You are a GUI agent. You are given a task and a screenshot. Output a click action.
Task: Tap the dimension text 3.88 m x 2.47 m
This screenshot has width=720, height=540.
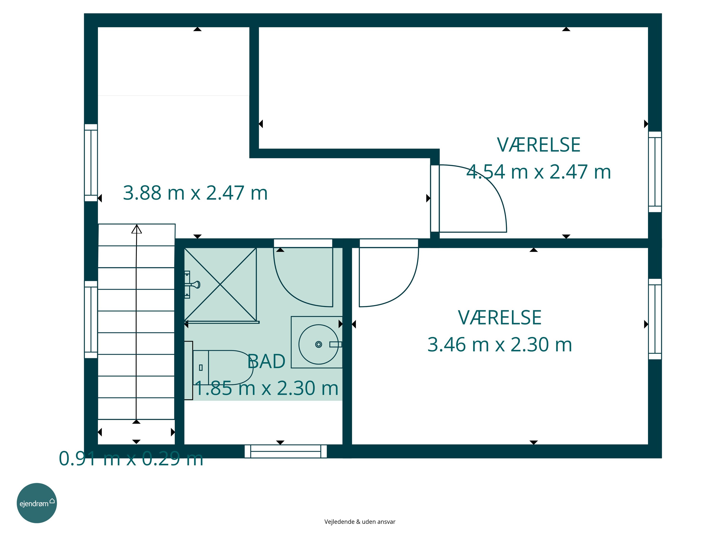click(x=195, y=193)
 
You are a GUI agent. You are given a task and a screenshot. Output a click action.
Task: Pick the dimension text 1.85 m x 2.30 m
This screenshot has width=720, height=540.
click(x=266, y=388)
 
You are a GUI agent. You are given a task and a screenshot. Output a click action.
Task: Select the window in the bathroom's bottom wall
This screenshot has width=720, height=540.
click(x=285, y=451)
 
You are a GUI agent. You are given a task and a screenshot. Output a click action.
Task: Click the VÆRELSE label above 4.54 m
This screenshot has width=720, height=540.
click(x=539, y=145)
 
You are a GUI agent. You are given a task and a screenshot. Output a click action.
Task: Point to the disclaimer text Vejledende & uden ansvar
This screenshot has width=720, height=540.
click(x=360, y=522)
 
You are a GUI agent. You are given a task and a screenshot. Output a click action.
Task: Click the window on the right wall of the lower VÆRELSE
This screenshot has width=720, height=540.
click(x=655, y=319)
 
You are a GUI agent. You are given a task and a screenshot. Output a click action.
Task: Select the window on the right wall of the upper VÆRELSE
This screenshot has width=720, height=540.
click(x=655, y=172)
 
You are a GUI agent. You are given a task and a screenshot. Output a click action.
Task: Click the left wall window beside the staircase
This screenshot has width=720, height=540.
click(x=91, y=319)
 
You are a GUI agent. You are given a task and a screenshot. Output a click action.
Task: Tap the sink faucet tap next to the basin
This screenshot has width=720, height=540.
click(x=336, y=344)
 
